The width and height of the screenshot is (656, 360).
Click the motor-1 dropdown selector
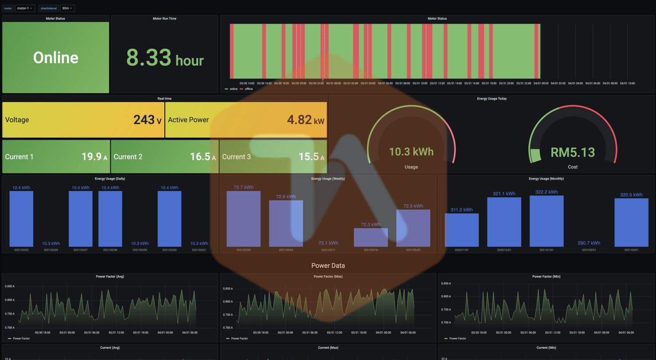click(x=25, y=8)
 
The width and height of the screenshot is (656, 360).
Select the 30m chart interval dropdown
click(x=67, y=8)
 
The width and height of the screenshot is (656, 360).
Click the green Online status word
click(x=55, y=58)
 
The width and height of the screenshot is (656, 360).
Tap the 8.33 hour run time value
click(x=164, y=58)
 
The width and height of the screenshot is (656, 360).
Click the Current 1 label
click(x=19, y=157)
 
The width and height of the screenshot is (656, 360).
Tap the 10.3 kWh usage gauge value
click(x=411, y=152)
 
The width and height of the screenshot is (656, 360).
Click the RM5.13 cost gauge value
click(x=572, y=153)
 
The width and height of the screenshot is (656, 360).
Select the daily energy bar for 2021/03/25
click(x=21, y=219)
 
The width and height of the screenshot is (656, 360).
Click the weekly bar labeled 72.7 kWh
click(x=243, y=218)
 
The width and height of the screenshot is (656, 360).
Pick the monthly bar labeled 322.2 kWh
click(x=546, y=221)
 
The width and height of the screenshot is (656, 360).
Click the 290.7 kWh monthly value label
click(x=589, y=243)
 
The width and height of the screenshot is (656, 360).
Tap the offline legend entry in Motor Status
click(x=248, y=89)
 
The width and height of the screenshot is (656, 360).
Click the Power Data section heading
click(x=328, y=265)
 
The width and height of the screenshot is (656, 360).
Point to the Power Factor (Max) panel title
click(x=328, y=276)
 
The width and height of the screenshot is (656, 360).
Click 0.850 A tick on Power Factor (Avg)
click(x=9, y=286)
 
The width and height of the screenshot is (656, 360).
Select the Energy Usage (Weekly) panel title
click(x=328, y=179)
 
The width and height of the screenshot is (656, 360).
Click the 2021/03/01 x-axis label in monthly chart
click(x=631, y=250)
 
